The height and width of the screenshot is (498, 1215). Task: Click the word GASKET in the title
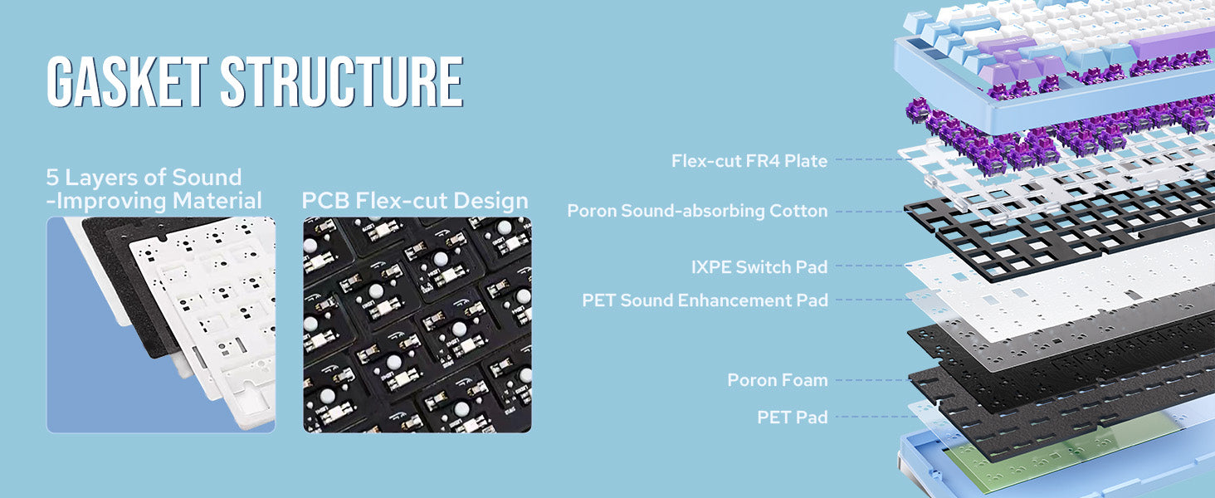click(x=128, y=81)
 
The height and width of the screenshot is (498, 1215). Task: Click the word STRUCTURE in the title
click(x=342, y=81)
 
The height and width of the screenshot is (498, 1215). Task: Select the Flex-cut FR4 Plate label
click(x=749, y=160)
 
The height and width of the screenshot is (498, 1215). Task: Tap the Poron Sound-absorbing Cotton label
click(x=697, y=211)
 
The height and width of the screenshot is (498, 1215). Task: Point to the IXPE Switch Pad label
click(x=759, y=267)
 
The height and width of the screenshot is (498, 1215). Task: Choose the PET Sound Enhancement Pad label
click(x=705, y=300)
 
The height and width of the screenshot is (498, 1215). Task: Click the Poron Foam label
click(x=778, y=380)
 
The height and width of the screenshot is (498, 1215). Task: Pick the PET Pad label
click(x=792, y=417)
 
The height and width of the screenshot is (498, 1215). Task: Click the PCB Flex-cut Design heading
click(x=415, y=201)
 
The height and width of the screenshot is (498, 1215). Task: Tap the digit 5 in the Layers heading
click(x=52, y=178)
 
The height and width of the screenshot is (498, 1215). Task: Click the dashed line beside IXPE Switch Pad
click(x=871, y=266)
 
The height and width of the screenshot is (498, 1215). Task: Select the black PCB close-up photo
click(x=417, y=325)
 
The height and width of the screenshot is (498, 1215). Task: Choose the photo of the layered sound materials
click(x=161, y=325)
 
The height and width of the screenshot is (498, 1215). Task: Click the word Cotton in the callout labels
click(x=798, y=211)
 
